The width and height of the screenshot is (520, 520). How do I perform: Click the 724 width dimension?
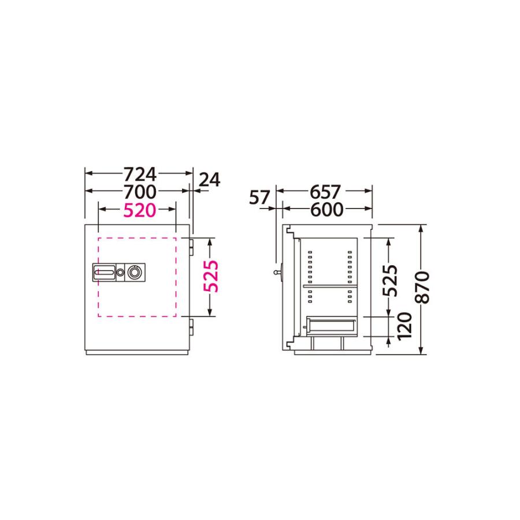pos(140,174)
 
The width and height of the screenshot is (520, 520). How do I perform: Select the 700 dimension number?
pos(140,192)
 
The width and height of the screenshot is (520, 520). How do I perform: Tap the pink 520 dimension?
pos(140,210)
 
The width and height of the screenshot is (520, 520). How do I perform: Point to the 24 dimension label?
pos(209,180)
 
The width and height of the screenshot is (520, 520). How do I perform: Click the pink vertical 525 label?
pos(211,276)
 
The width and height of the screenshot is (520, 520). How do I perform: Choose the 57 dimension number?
pos(259,198)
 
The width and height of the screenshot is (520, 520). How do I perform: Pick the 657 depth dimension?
pos(325,192)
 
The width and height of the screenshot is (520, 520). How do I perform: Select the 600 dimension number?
pos(326,210)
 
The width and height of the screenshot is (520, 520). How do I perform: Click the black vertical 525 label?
pos(389,281)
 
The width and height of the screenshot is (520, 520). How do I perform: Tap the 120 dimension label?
pos(404,326)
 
